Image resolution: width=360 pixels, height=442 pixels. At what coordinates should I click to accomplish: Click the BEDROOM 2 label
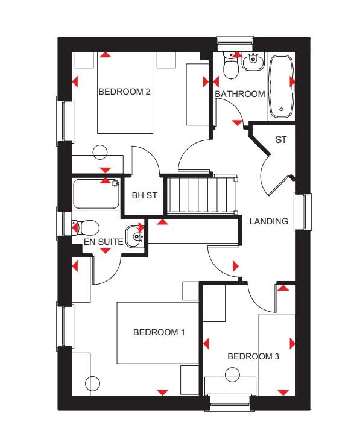click(124, 92)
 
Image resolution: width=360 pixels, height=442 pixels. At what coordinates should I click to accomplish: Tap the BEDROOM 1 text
click(159, 332)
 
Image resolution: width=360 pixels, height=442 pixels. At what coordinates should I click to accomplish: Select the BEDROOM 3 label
click(253, 356)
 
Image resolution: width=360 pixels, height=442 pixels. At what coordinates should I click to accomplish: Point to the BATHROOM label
click(240, 94)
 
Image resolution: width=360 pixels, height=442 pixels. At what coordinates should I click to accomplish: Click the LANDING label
click(269, 221)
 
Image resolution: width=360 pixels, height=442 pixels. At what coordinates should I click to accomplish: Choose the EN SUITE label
click(104, 242)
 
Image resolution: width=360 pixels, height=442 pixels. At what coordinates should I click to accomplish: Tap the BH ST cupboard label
click(144, 195)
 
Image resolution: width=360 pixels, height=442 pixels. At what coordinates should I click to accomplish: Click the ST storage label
click(280, 140)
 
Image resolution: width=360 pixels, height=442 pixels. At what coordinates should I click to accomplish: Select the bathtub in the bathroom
click(280, 86)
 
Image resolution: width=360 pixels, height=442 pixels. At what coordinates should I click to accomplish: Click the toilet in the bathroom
click(231, 66)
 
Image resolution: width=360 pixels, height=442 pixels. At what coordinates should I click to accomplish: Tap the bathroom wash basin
click(253, 60)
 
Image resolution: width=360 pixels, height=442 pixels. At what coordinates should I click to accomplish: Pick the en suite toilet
click(86, 227)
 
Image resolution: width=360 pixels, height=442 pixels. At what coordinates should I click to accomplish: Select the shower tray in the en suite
click(96, 193)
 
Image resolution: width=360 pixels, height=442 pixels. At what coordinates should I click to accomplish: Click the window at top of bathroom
click(235, 42)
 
